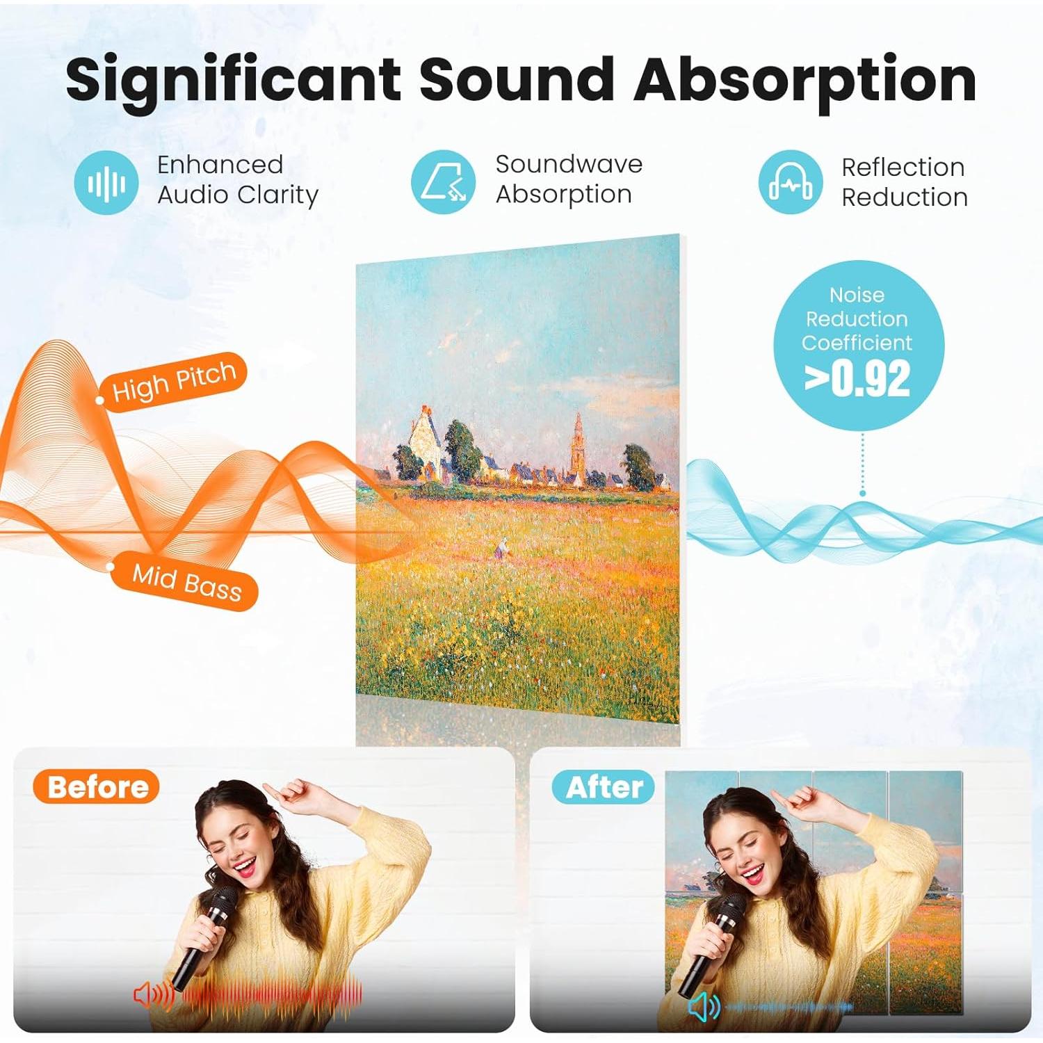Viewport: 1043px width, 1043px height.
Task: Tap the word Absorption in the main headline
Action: tap(805, 79)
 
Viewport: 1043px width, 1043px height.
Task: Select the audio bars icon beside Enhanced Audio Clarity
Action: tap(106, 183)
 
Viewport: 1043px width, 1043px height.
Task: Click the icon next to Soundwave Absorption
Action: tap(444, 182)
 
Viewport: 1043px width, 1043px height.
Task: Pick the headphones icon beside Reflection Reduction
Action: tap(791, 183)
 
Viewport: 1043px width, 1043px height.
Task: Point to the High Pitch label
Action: tap(174, 380)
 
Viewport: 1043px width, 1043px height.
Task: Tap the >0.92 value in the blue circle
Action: tap(857, 379)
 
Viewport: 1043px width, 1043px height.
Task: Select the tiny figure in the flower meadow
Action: tap(500, 549)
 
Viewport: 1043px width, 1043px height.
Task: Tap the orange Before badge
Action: tap(97, 787)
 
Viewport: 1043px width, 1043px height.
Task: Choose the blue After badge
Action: tap(604, 787)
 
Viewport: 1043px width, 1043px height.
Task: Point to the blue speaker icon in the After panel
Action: tap(704, 1006)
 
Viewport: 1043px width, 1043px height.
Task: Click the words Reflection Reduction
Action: tap(904, 182)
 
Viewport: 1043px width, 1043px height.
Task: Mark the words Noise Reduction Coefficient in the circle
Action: tap(857, 318)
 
